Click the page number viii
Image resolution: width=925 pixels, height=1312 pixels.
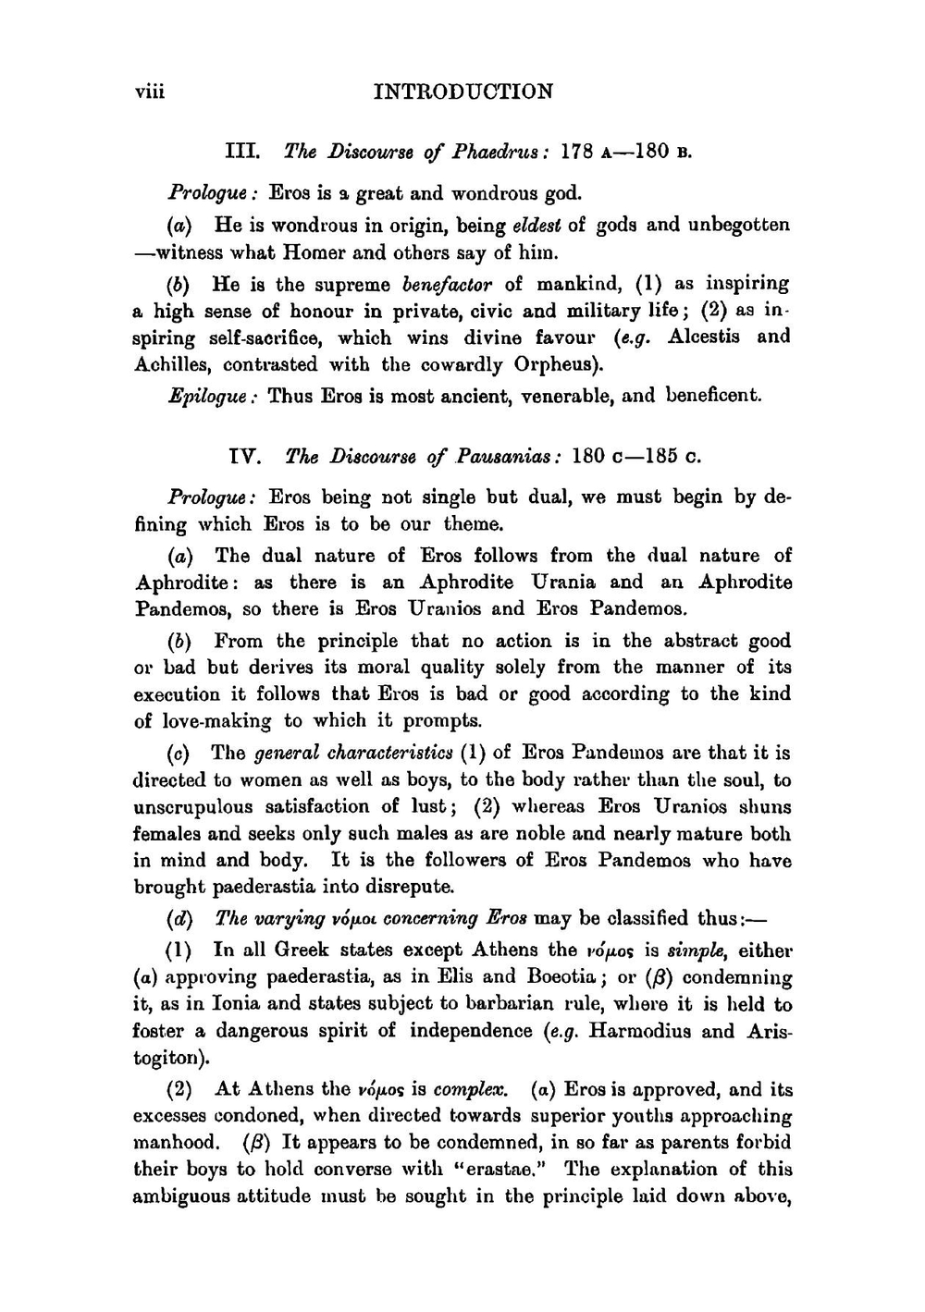tap(149, 92)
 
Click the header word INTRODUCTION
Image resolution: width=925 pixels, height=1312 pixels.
tap(462, 92)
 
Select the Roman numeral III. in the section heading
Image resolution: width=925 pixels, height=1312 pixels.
tap(242, 151)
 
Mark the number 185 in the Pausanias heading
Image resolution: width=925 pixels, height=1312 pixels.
tap(662, 456)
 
